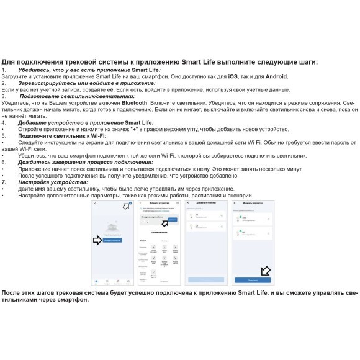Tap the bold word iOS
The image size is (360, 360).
(x=233, y=76)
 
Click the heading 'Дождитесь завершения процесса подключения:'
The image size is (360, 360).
(x=85, y=162)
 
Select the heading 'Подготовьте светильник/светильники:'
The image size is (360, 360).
(x=76, y=96)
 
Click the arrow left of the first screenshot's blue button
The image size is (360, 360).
(x=97, y=240)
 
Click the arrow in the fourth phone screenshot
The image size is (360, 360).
(x=266, y=271)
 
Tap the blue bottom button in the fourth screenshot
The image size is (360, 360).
(x=253, y=280)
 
